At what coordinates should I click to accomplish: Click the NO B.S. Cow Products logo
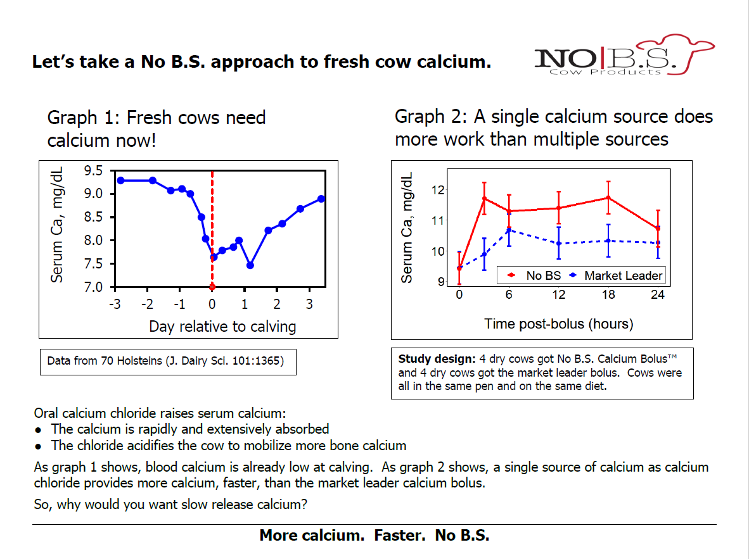[624, 56]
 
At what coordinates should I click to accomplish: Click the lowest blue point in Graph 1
[250, 265]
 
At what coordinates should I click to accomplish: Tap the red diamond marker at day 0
[212, 287]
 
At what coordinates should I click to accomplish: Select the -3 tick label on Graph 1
[115, 303]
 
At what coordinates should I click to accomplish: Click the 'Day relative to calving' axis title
[222, 327]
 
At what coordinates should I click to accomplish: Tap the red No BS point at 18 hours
[608, 198]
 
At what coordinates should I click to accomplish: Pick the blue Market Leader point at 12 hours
[558, 243]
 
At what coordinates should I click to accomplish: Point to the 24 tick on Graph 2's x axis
[658, 296]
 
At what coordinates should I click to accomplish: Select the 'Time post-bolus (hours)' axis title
[558, 324]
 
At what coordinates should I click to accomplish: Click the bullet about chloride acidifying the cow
[228, 446]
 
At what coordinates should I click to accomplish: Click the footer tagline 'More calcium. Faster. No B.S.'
[374, 536]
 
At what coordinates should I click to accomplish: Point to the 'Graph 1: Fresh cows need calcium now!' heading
[157, 128]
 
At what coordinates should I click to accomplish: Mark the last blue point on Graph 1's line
[321, 199]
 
